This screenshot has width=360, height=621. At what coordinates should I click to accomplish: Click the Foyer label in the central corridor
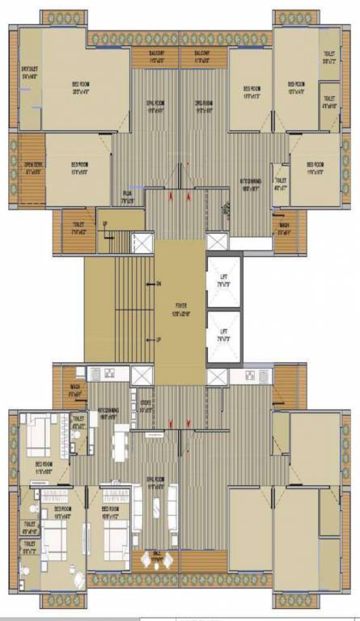click(180, 308)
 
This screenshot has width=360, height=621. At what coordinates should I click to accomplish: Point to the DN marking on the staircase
click(159, 283)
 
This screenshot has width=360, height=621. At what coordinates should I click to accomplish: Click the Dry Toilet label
click(30, 73)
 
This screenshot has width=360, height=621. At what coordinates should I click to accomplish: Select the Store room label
click(145, 408)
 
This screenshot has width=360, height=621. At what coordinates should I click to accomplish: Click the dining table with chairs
click(120, 442)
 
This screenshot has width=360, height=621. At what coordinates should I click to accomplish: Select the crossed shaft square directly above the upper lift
click(218, 241)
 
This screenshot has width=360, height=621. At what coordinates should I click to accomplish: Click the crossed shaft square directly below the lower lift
click(218, 378)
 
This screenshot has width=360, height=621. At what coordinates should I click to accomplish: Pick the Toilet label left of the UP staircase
click(78, 227)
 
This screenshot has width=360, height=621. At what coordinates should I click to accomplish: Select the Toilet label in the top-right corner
click(329, 57)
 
